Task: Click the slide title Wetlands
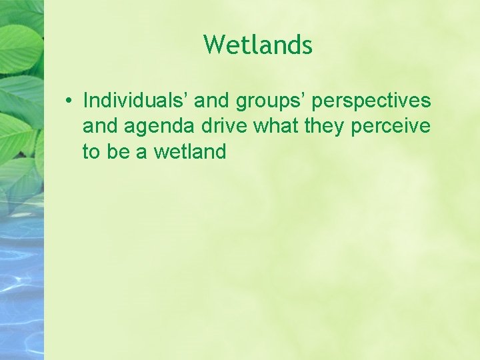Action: pyautogui.click(x=257, y=45)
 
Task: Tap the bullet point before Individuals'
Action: pyautogui.click(x=69, y=101)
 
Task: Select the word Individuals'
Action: pyautogui.click(x=136, y=101)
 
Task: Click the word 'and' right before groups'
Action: pyautogui.click(x=213, y=101)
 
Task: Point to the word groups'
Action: pyautogui.click(x=271, y=102)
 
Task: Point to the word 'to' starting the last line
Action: pyautogui.click(x=91, y=151)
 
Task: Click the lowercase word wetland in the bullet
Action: pyautogui.click(x=190, y=151)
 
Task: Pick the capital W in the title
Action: pyautogui.click(x=213, y=45)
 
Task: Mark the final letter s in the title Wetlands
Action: pyautogui.click(x=307, y=47)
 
